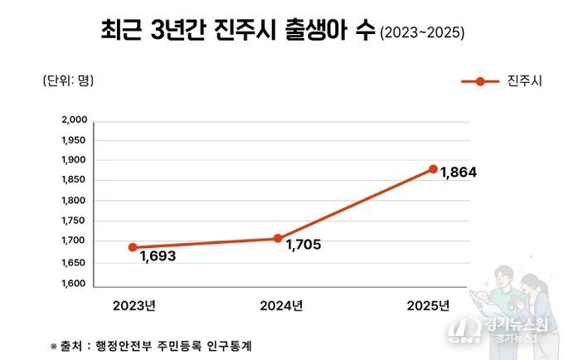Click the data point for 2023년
133,246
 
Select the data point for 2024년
278,238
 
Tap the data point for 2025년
433,168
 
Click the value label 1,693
158,256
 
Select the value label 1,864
459,173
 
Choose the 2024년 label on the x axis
282,305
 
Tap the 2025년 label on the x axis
428,305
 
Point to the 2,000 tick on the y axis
75,119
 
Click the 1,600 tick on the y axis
75,284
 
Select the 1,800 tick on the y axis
75,201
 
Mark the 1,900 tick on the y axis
75,160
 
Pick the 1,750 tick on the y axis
75,221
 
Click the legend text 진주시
524,80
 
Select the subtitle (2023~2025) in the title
421,34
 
